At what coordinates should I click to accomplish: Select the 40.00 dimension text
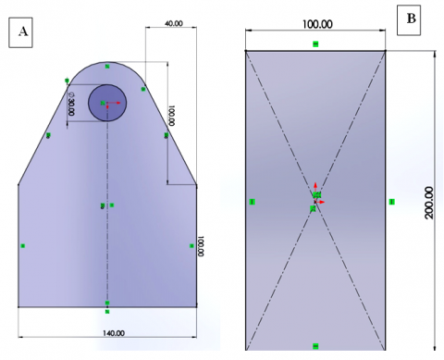click(174, 23)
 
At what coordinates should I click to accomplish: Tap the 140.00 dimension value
click(114, 333)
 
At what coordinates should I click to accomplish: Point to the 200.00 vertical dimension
click(429, 203)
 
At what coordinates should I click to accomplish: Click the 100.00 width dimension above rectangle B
click(317, 24)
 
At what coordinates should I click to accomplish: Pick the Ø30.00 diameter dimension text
click(71, 104)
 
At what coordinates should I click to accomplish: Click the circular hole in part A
click(107, 103)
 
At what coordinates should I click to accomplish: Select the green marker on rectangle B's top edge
click(315, 44)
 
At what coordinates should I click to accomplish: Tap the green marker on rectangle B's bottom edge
click(315, 346)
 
